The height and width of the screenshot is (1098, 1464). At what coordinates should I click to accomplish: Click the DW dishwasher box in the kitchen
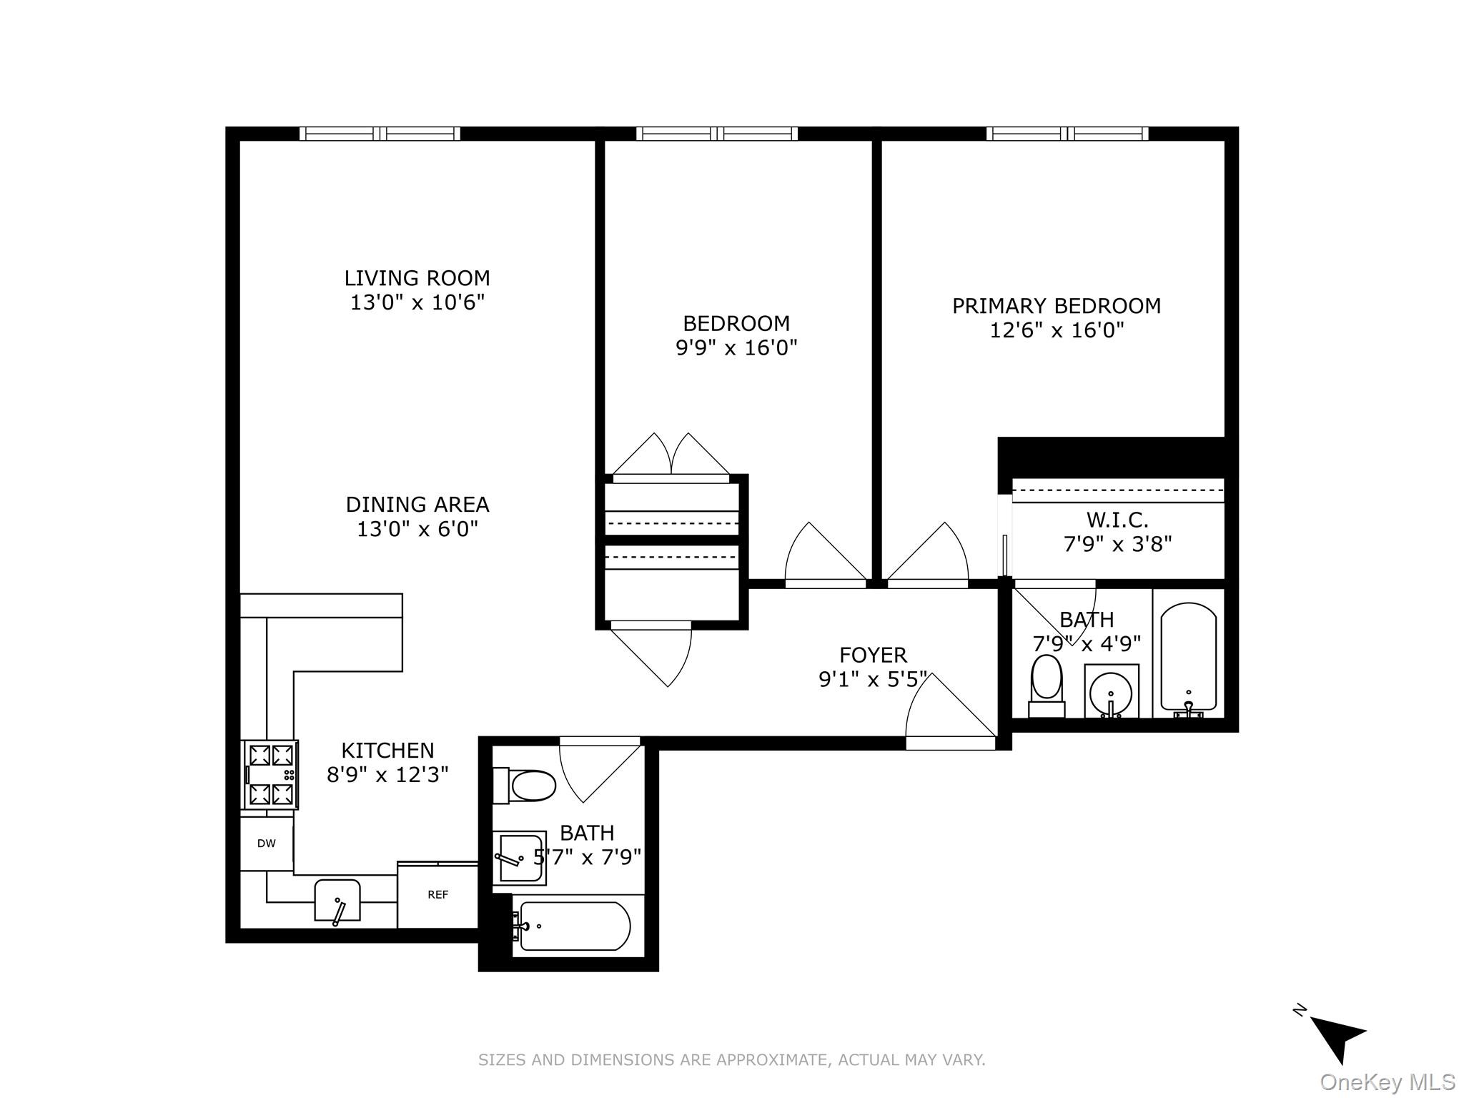[266, 844]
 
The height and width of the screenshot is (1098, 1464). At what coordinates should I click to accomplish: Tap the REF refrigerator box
[437, 895]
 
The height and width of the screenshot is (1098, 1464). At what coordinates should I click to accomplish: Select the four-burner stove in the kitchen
[270, 775]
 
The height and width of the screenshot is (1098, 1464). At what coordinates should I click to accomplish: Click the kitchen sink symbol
[337, 901]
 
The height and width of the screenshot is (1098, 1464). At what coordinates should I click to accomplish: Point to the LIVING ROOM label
[417, 278]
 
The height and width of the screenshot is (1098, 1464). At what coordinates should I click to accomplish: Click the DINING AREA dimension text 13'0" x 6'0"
[417, 530]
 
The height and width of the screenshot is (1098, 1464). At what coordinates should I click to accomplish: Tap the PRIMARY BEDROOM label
[1056, 306]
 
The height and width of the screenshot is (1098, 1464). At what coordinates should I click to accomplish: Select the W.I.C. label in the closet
[1117, 519]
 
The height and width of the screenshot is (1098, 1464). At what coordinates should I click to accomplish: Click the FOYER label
[873, 655]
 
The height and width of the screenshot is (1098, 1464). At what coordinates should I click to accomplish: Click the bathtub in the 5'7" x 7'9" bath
[574, 926]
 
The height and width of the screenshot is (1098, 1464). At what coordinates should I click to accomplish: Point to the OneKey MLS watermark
[1386, 1082]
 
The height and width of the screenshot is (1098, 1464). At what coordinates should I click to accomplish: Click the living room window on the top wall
[380, 134]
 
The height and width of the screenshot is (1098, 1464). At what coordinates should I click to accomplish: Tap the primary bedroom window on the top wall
[1067, 134]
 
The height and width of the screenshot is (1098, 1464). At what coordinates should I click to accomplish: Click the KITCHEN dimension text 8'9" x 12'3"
[387, 775]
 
